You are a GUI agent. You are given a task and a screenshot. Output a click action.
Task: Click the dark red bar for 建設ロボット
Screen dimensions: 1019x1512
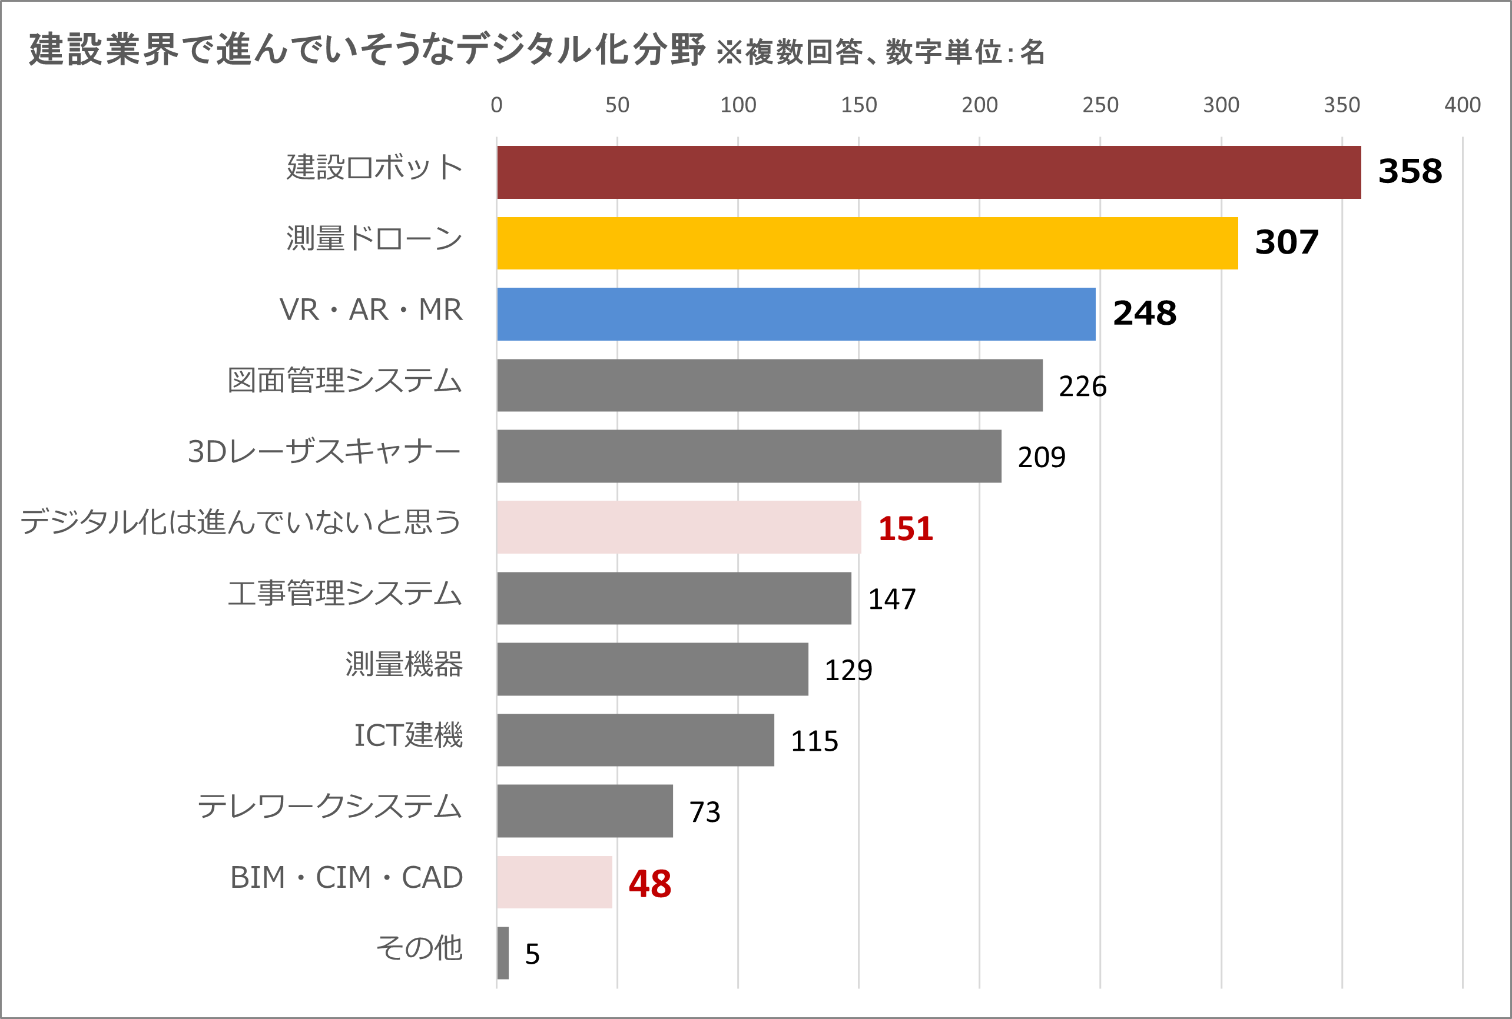[929, 172]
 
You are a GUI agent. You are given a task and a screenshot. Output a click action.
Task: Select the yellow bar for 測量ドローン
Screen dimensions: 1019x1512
[867, 243]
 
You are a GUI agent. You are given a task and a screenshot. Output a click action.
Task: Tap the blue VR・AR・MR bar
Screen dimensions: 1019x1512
[796, 314]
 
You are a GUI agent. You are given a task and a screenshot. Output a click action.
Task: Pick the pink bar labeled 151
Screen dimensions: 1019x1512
[679, 527]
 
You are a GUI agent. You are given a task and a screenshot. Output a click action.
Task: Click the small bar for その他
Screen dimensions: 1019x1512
[503, 953]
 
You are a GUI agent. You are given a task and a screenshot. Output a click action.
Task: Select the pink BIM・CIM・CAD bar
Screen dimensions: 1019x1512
[555, 882]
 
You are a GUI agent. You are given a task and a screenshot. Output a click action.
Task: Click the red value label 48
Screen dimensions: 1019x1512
[649, 884]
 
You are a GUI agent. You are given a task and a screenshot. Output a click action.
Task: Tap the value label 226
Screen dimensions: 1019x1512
[1082, 386]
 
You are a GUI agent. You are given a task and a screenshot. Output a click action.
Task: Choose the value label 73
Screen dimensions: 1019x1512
[705, 812]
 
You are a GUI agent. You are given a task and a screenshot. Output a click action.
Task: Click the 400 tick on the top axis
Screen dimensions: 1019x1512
[1463, 105]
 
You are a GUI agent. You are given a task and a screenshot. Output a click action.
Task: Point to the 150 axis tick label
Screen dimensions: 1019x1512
[858, 105]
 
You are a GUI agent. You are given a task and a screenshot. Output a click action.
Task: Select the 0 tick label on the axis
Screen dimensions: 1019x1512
[496, 105]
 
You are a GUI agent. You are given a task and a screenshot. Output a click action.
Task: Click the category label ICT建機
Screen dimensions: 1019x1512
[408, 735]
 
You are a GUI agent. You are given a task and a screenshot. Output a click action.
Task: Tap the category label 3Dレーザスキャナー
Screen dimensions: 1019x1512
[324, 451]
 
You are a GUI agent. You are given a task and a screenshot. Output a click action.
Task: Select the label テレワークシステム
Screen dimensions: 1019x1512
[329, 807]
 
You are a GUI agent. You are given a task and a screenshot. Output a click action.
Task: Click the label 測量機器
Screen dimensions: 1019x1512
[404, 664]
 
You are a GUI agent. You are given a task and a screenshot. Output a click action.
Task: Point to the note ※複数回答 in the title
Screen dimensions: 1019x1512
[790, 52]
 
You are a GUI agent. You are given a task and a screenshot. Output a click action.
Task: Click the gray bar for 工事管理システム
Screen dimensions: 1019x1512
[674, 598]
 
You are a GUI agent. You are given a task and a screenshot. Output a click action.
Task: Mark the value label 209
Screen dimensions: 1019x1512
[1041, 457]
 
